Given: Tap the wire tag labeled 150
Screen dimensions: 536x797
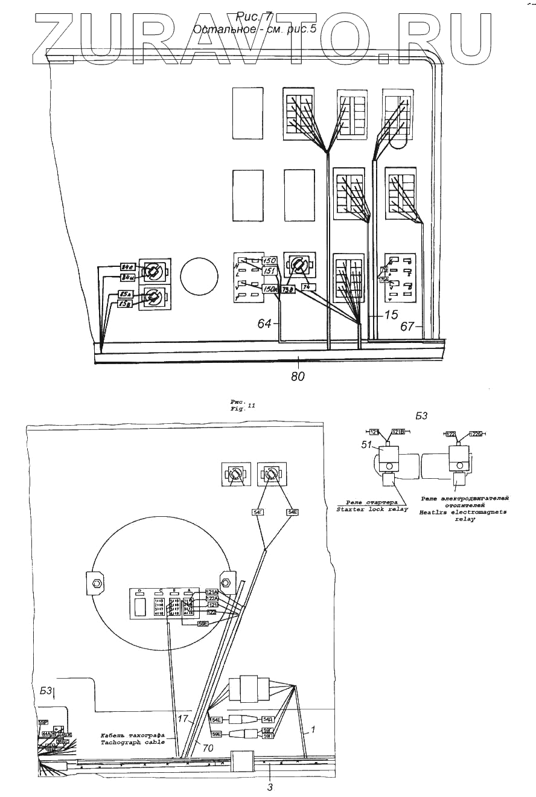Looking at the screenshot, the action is click(269, 261).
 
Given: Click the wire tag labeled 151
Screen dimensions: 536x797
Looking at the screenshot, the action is click(269, 272).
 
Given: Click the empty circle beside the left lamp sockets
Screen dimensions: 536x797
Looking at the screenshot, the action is click(199, 277).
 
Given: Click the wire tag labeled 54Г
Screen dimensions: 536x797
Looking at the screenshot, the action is click(258, 513).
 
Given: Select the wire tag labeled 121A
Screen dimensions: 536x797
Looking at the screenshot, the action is click(212, 592).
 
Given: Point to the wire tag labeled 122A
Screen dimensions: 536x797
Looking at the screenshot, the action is click(212, 598).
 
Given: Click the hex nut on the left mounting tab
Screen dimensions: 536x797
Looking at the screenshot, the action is click(95, 584).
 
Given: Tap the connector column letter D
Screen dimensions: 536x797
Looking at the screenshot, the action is click(139, 591).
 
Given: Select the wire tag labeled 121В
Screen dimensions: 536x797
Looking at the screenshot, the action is click(398, 432).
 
